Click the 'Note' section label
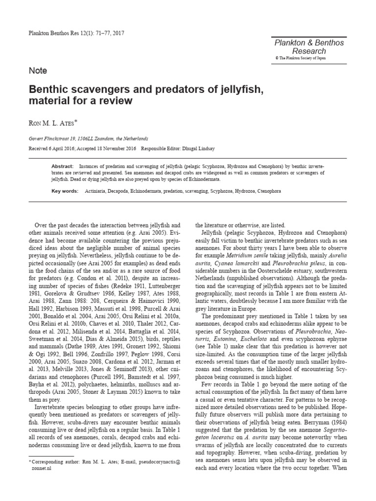[38, 70]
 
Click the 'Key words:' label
[65, 191]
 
